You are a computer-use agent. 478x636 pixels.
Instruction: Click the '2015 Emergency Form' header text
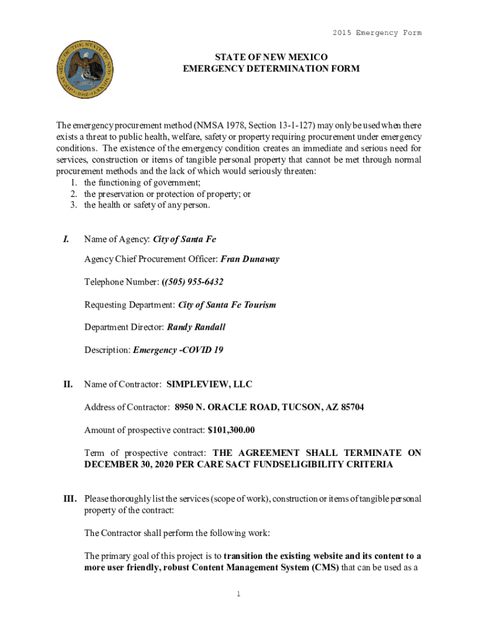pos(377,33)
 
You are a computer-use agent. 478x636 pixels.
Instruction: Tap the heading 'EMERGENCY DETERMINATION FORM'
pos(271,68)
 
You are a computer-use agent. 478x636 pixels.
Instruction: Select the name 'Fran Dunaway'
pos(250,259)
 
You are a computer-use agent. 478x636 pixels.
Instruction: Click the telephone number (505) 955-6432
pos(192,282)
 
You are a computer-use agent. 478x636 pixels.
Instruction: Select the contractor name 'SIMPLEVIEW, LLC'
pos(209,385)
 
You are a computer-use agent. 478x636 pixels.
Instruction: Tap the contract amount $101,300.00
pos(232,430)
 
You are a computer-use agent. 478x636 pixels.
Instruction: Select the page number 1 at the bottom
pos(238,594)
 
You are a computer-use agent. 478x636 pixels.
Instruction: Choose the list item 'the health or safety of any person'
pos(147,205)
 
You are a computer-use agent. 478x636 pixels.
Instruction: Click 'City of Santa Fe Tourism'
pos(227,304)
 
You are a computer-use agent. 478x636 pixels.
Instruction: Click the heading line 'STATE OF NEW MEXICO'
pos(271,57)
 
